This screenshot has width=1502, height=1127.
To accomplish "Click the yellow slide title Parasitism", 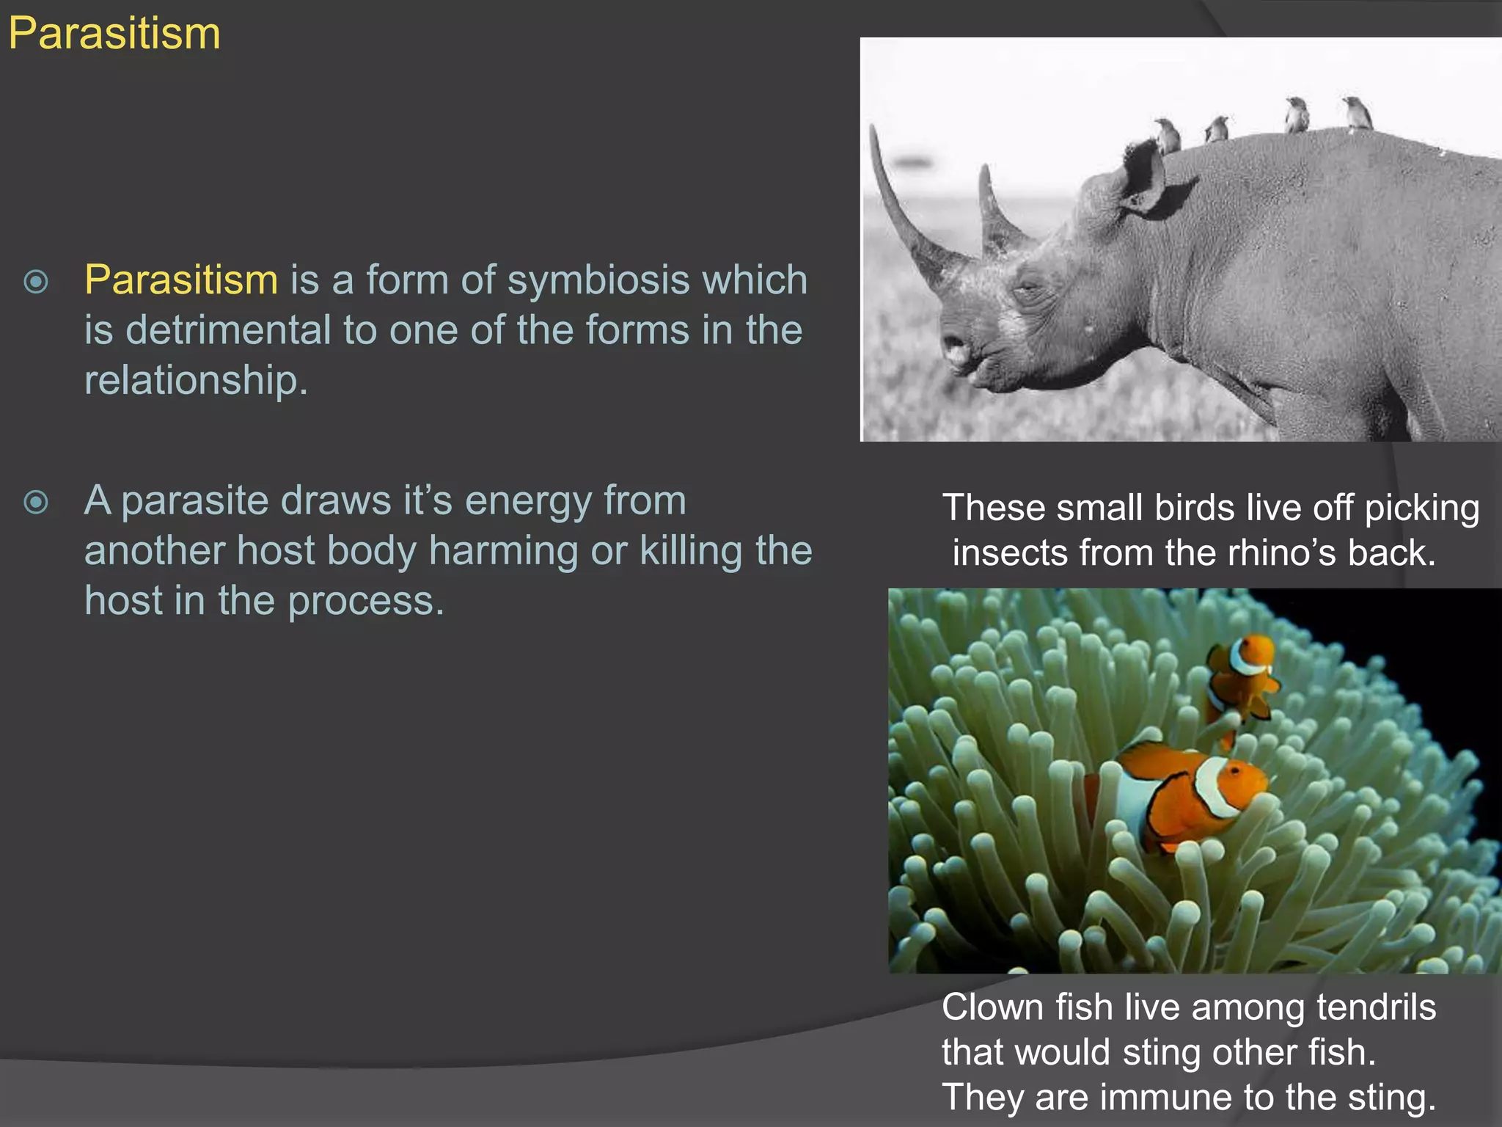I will (x=114, y=34).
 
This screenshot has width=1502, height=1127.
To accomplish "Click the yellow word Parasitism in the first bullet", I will (x=180, y=280).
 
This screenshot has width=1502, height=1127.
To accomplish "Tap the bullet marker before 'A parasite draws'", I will (x=36, y=503).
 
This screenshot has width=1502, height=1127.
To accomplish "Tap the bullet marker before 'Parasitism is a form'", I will (x=36, y=282).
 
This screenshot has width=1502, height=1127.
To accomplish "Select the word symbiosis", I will (x=598, y=280).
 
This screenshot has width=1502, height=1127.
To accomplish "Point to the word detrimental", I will (x=228, y=330).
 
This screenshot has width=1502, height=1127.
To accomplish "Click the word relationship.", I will (x=195, y=380).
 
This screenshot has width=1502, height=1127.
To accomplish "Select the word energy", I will (x=528, y=501).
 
